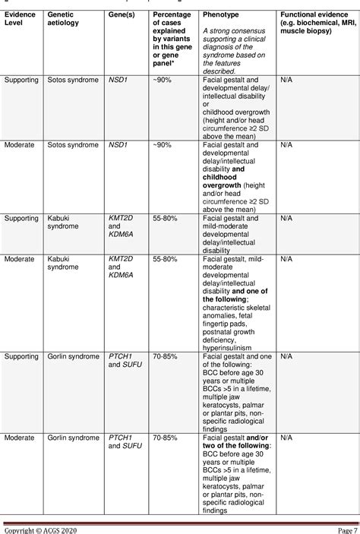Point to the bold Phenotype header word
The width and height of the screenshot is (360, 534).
(219, 14)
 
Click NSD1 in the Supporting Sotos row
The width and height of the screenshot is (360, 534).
(116, 79)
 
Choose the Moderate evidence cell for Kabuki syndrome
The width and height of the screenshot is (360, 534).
(19, 258)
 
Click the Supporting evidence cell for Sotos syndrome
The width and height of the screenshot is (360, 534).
(22, 79)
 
